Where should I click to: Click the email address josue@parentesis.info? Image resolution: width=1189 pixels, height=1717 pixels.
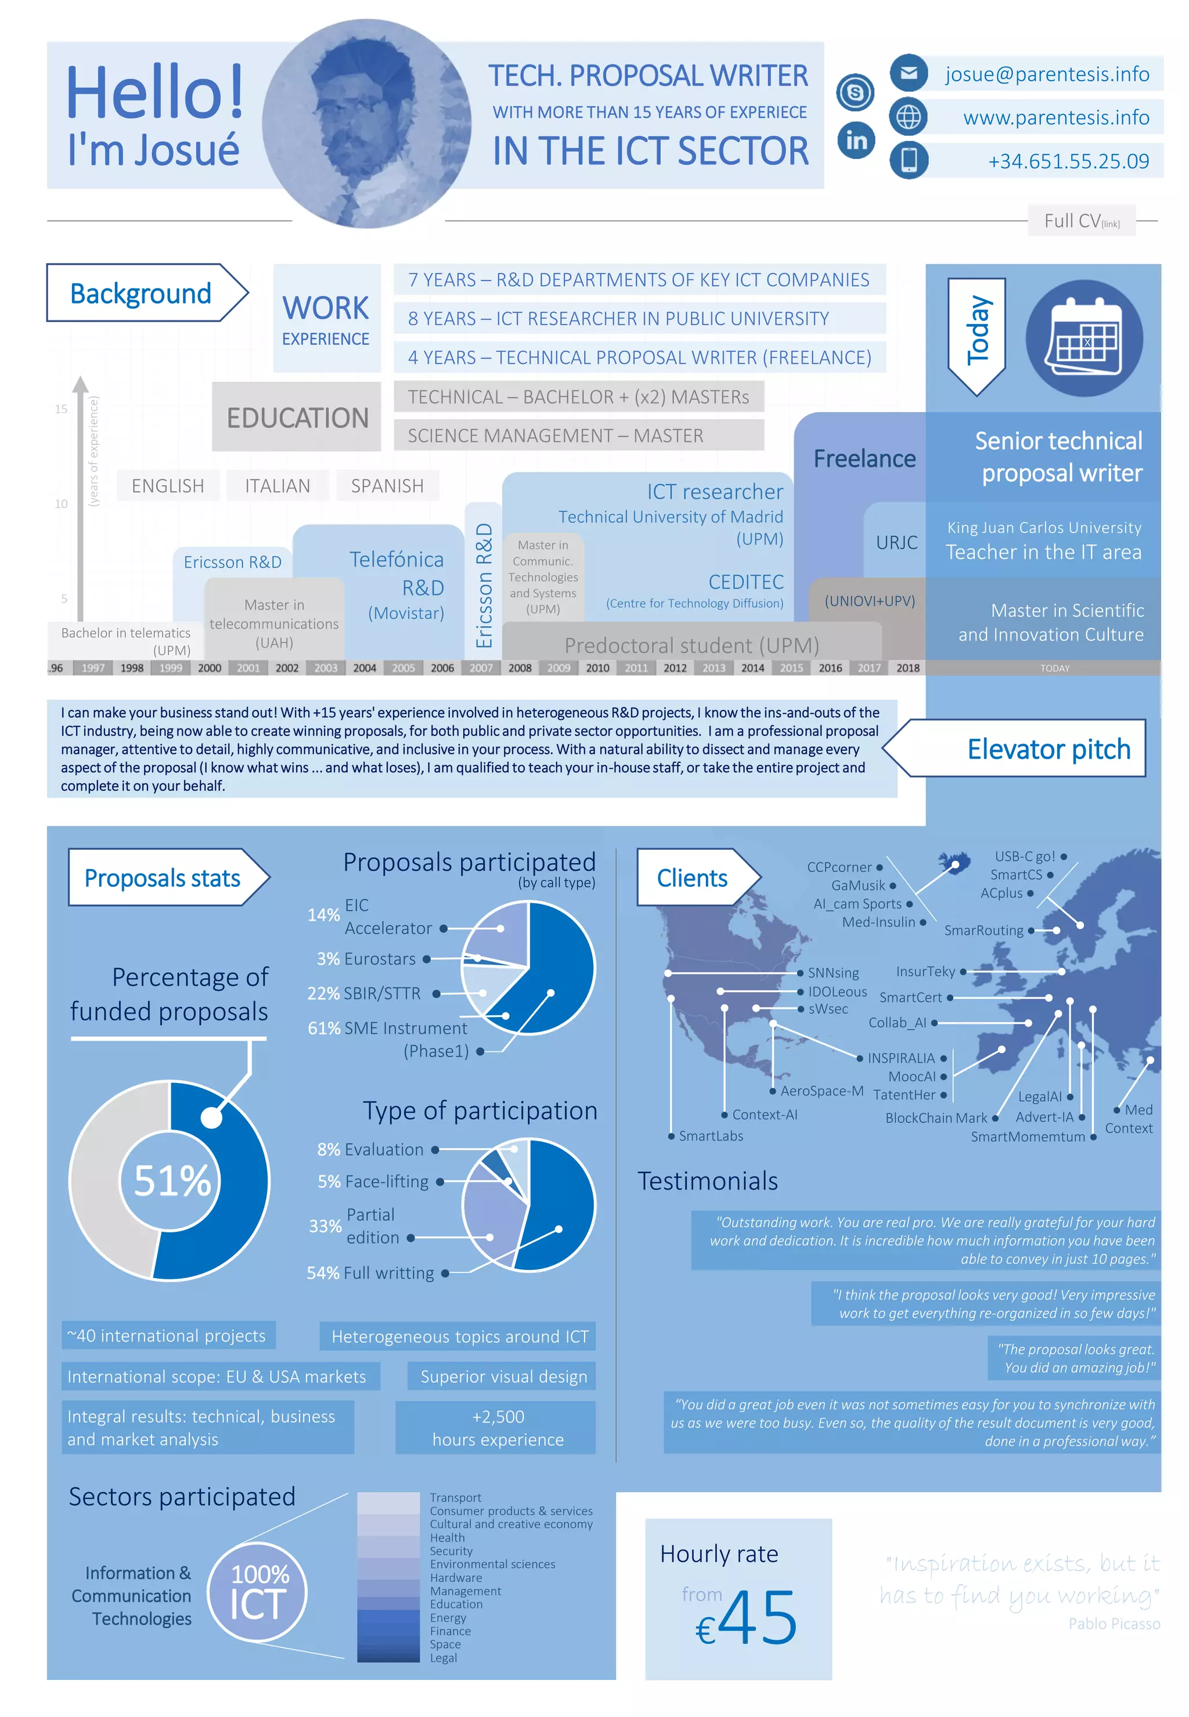(x=1047, y=74)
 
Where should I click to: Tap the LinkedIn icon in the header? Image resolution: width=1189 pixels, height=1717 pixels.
(x=856, y=140)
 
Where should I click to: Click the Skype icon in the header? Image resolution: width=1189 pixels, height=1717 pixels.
(x=855, y=92)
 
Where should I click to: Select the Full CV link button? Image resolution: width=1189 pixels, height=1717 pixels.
(x=1081, y=221)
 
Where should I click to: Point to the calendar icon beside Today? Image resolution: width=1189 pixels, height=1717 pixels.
(x=1084, y=338)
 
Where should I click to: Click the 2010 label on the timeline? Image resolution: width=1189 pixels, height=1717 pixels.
(x=597, y=668)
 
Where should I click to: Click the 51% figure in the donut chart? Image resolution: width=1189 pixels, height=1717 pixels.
(x=172, y=1180)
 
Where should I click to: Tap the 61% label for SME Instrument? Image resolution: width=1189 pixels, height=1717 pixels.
(x=323, y=1028)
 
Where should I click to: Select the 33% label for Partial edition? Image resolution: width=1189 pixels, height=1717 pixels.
(x=325, y=1225)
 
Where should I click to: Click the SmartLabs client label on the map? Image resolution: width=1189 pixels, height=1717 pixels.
(x=711, y=1136)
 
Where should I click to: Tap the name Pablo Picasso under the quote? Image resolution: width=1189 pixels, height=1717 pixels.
(x=1114, y=1624)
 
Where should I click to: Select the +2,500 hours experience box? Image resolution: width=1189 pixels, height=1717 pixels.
(x=497, y=1427)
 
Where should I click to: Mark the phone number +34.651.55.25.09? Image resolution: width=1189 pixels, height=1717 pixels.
(x=1068, y=161)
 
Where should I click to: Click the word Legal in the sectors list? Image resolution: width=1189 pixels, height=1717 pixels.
(x=444, y=1658)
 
